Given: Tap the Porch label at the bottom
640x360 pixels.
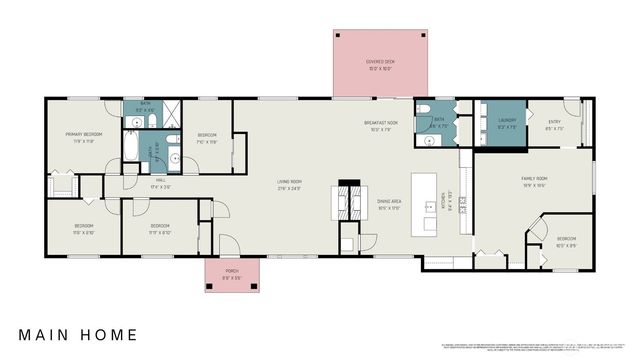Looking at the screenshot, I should pos(231,272).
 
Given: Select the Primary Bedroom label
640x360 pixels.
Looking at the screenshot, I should pos(79,137).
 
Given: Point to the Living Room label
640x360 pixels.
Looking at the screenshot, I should pos(290,184).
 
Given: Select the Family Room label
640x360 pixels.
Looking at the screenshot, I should pos(534,182).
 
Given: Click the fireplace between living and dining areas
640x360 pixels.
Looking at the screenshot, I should pos(349,200).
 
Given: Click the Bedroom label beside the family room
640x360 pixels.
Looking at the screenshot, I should pos(566,240).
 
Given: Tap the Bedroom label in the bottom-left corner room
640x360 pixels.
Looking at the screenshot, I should pos(83,227).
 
